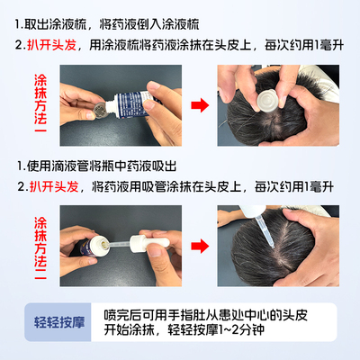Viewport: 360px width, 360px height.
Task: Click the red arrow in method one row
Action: point(200,105)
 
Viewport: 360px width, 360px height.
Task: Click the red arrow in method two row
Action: point(200,246)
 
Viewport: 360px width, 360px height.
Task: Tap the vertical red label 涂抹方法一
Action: point(40,103)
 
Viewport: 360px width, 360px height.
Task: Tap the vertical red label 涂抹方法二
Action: point(40,247)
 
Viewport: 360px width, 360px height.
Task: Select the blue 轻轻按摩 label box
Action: point(58,322)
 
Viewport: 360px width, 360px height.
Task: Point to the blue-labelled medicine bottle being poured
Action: point(131,103)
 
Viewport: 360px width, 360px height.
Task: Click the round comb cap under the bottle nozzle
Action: point(99,111)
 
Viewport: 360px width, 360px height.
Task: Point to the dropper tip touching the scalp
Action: point(272,246)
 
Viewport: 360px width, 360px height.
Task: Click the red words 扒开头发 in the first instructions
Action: point(52,45)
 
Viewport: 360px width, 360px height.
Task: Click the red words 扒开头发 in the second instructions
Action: point(54,186)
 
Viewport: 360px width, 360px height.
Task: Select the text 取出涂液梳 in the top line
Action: point(55,24)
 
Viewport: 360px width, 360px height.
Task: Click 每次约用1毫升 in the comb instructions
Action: point(303,45)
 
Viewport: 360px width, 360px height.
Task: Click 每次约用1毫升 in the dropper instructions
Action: point(294,186)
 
